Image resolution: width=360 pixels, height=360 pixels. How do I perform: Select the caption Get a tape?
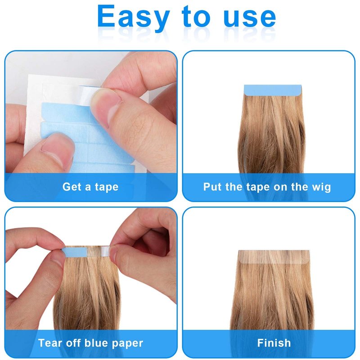click(90, 187)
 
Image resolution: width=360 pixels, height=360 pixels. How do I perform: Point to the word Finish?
click(274, 343)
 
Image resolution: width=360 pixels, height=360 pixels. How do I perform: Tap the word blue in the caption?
click(96, 343)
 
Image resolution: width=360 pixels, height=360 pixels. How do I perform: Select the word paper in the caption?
click(127, 344)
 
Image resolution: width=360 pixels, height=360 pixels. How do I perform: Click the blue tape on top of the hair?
click(273, 90)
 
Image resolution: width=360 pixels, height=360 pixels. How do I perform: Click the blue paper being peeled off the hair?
click(75, 252)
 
